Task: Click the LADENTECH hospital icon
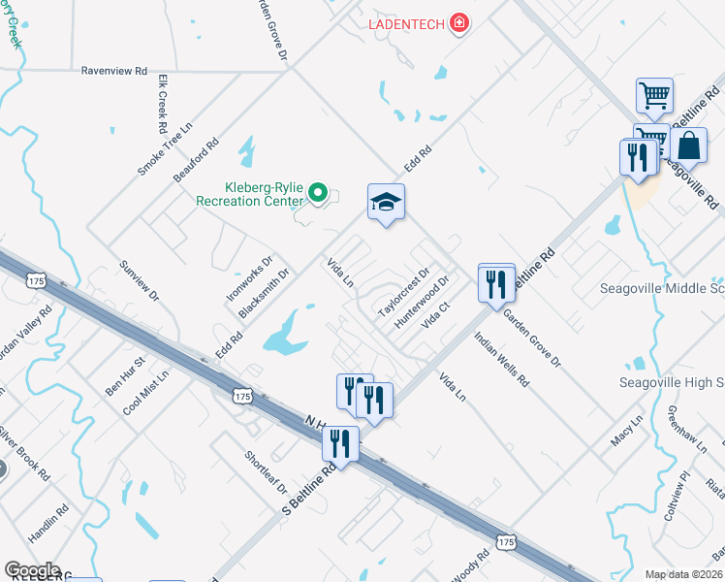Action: (x=460, y=21)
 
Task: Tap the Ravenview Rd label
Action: (x=113, y=71)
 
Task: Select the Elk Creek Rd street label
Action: (x=162, y=103)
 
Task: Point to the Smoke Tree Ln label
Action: (x=166, y=148)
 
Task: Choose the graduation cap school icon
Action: (x=386, y=202)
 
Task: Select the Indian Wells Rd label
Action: (x=501, y=360)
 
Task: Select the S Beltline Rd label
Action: (x=308, y=488)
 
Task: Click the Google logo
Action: (x=33, y=570)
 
